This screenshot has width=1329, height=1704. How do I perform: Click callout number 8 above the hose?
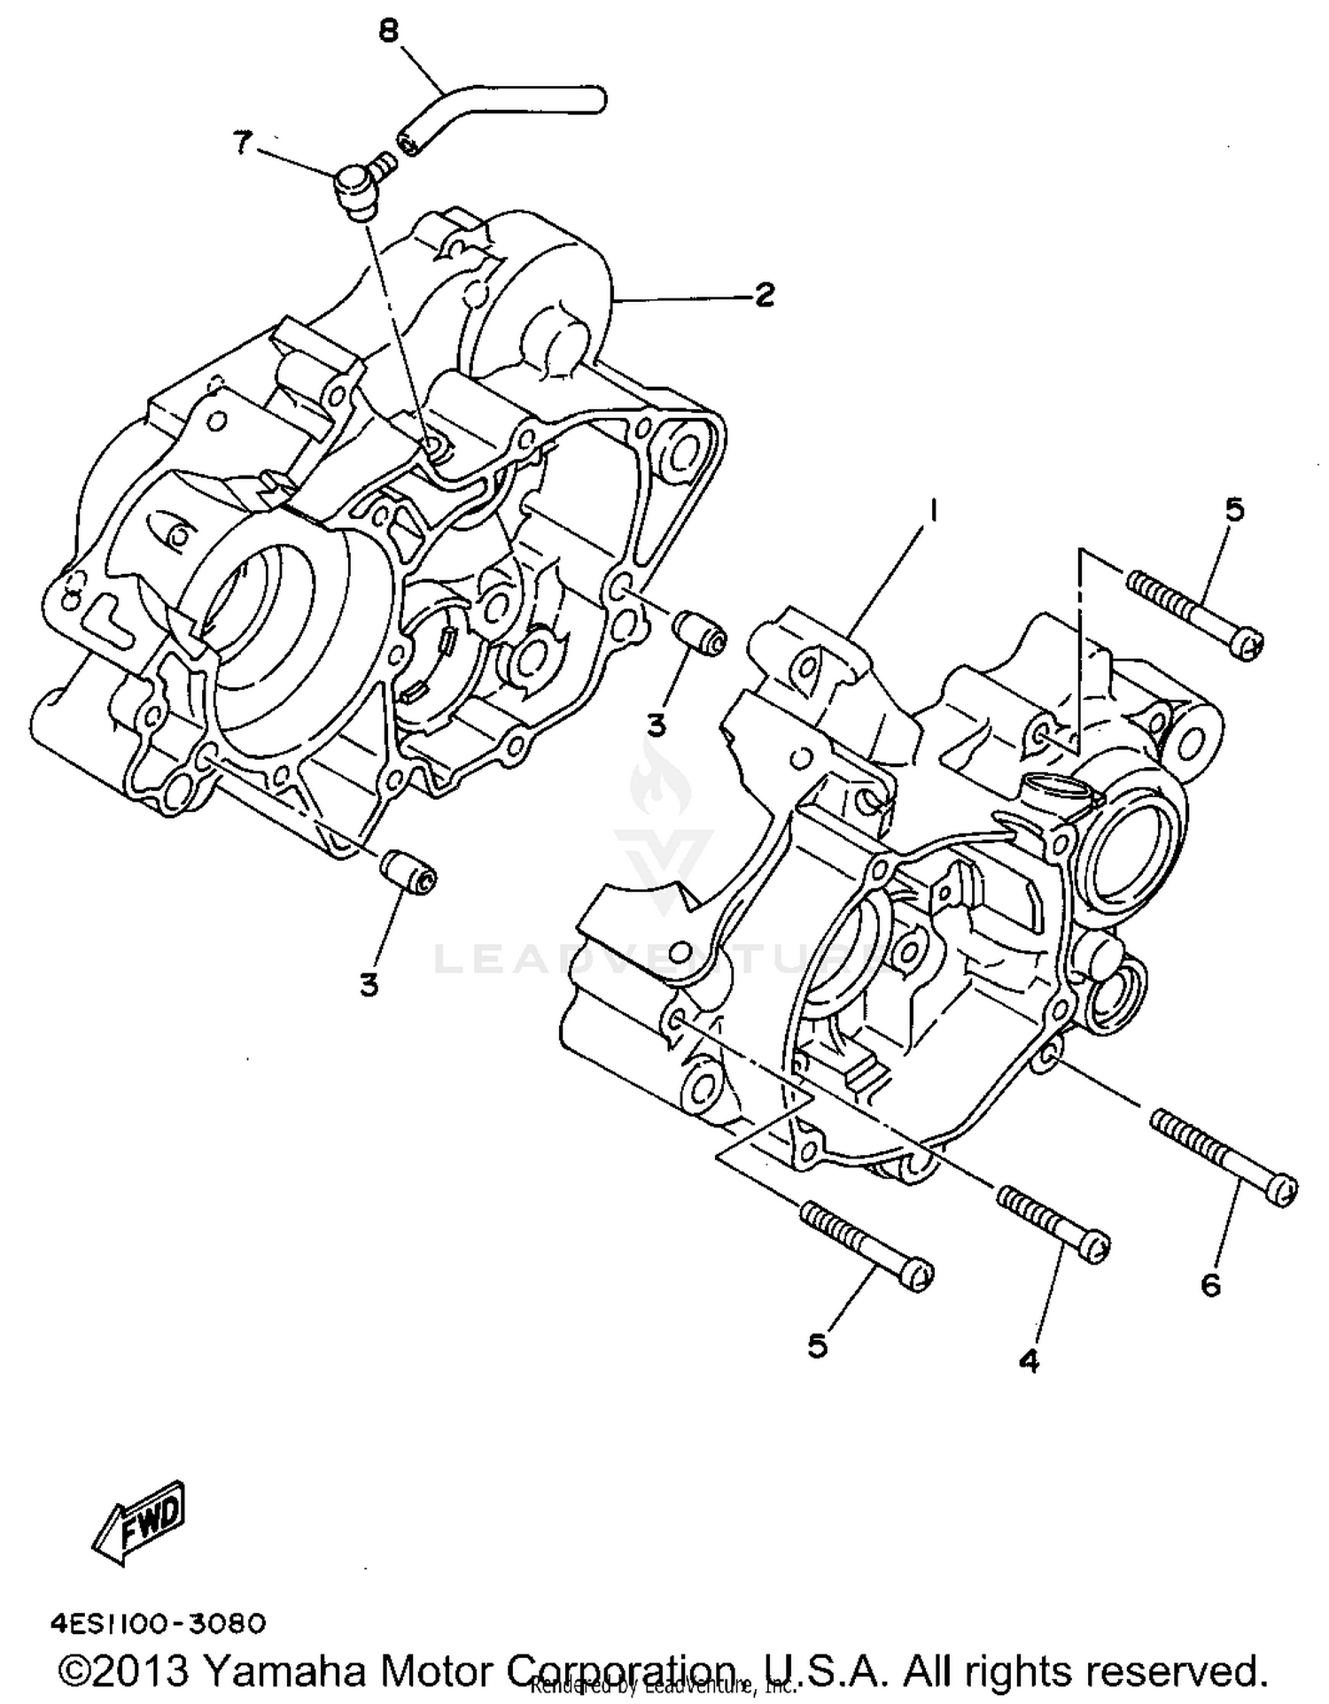point(388,32)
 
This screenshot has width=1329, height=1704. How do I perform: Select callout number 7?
point(242,142)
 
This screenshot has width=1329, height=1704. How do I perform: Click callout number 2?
point(764,295)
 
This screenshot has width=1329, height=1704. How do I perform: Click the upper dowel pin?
point(700,632)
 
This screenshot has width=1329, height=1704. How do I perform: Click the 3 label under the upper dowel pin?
point(657,726)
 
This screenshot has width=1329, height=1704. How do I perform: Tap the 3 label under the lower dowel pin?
point(369,984)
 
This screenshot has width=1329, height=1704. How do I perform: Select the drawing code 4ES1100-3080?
point(158,1623)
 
